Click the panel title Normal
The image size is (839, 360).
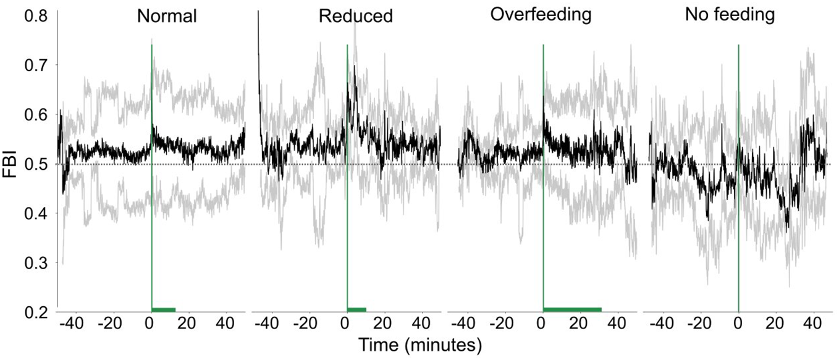tap(167, 16)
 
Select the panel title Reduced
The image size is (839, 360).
tap(355, 16)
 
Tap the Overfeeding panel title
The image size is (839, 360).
tap(541, 15)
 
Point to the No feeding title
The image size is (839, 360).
tap(730, 15)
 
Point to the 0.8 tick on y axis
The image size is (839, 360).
tap(36, 15)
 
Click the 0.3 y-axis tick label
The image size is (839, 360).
tap(36, 263)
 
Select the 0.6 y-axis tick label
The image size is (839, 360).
tap(36, 114)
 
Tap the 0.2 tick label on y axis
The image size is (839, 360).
tap(36, 312)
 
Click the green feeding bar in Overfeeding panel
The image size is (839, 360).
tap(571, 309)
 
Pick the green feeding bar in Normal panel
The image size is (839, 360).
tap(163, 309)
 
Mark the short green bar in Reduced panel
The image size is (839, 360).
tap(356, 309)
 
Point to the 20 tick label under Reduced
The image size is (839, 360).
tap(382, 324)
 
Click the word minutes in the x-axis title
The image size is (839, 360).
tap(444, 345)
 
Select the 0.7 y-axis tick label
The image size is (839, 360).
tap(36, 65)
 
